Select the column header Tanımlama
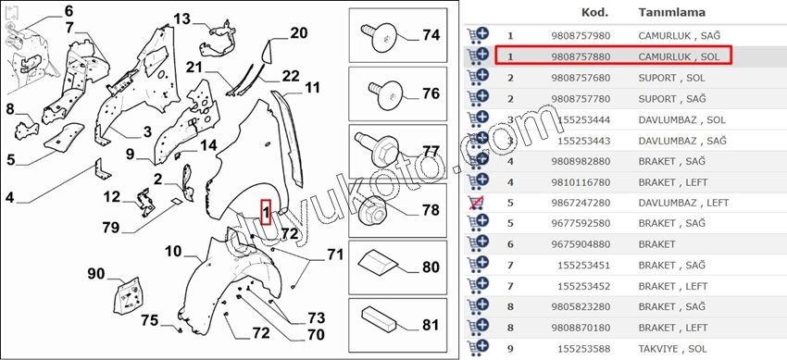point(671,12)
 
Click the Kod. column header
point(594,12)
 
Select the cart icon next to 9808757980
point(478,35)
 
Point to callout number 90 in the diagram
point(96,274)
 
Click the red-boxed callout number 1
point(266,212)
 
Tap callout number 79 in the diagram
point(111,228)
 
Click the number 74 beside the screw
point(431,35)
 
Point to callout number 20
point(299,33)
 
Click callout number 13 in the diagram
point(182,19)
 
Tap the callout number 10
point(173,251)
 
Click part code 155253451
point(584,266)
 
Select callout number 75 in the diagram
point(150,320)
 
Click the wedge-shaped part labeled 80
point(377,261)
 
